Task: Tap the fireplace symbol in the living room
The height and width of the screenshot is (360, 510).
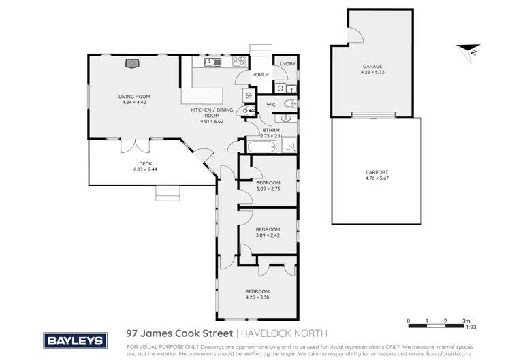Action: click(131, 64)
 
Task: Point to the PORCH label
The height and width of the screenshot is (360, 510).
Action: click(260, 75)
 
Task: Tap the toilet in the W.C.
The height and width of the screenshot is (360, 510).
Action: click(291, 104)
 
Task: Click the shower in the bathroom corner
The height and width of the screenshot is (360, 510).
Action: click(289, 146)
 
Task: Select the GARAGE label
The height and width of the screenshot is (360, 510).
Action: click(371, 66)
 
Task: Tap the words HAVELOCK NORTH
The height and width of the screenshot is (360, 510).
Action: click(284, 333)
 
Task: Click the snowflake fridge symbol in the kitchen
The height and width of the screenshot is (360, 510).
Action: click(249, 95)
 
